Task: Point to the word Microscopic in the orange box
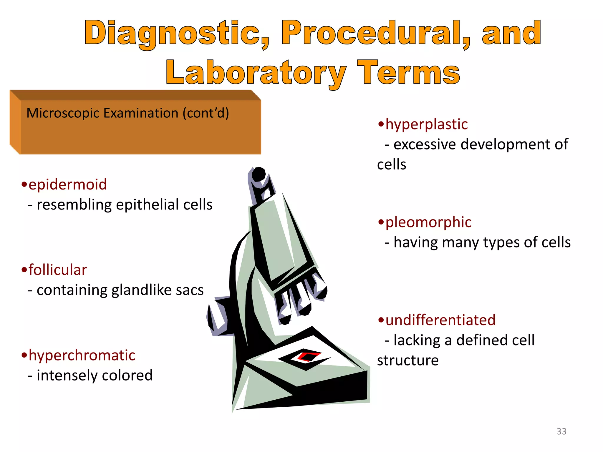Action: [x=63, y=113]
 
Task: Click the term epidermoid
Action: [x=67, y=185]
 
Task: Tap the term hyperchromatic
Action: [x=82, y=355]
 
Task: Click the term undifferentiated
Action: [x=440, y=320]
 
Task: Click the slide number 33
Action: [x=561, y=431]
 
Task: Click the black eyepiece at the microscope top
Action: [x=259, y=175]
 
